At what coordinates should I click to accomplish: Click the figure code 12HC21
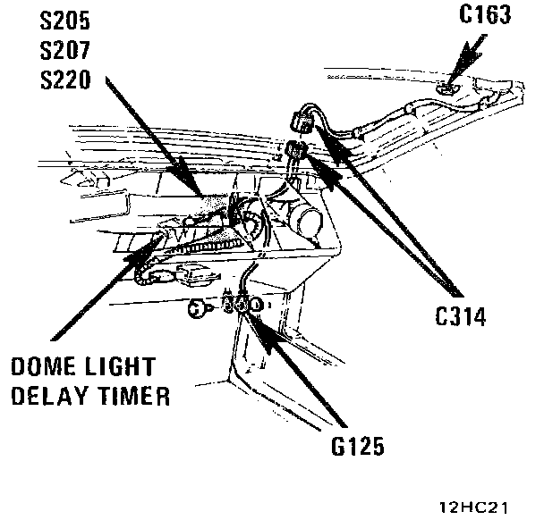[474, 507]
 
